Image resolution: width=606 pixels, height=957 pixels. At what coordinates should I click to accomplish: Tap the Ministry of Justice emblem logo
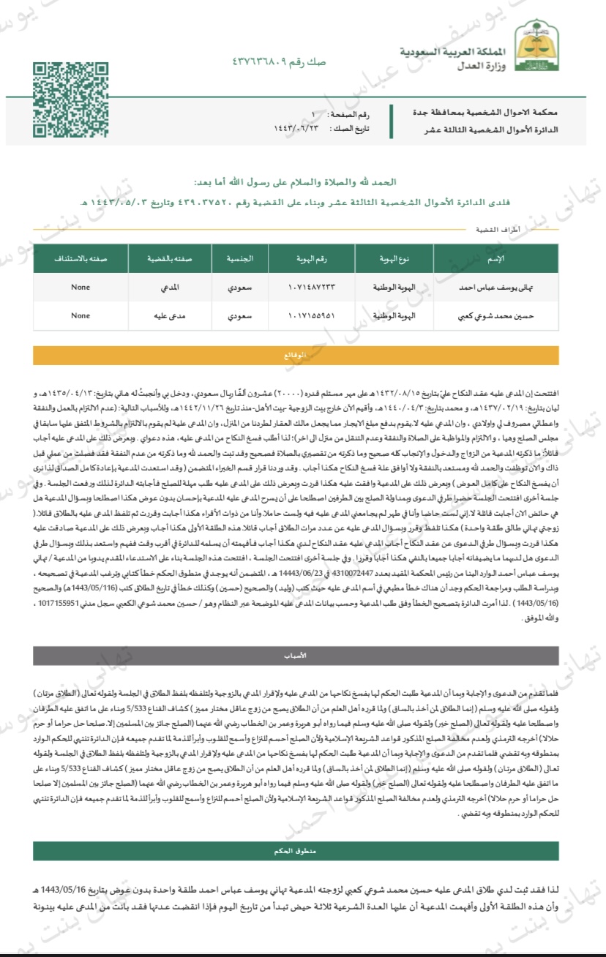pyautogui.click(x=532, y=47)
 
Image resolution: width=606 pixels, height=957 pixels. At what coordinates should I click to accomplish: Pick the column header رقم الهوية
pyautogui.click(x=296, y=259)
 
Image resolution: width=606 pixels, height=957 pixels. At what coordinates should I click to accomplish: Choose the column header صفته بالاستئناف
pyautogui.click(x=81, y=259)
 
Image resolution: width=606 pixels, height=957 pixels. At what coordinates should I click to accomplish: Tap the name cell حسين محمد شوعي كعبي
pyautogui.click(x=476, y=316)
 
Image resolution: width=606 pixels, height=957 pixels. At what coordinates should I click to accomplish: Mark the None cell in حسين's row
pyautogui.click(x=81, y=316)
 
